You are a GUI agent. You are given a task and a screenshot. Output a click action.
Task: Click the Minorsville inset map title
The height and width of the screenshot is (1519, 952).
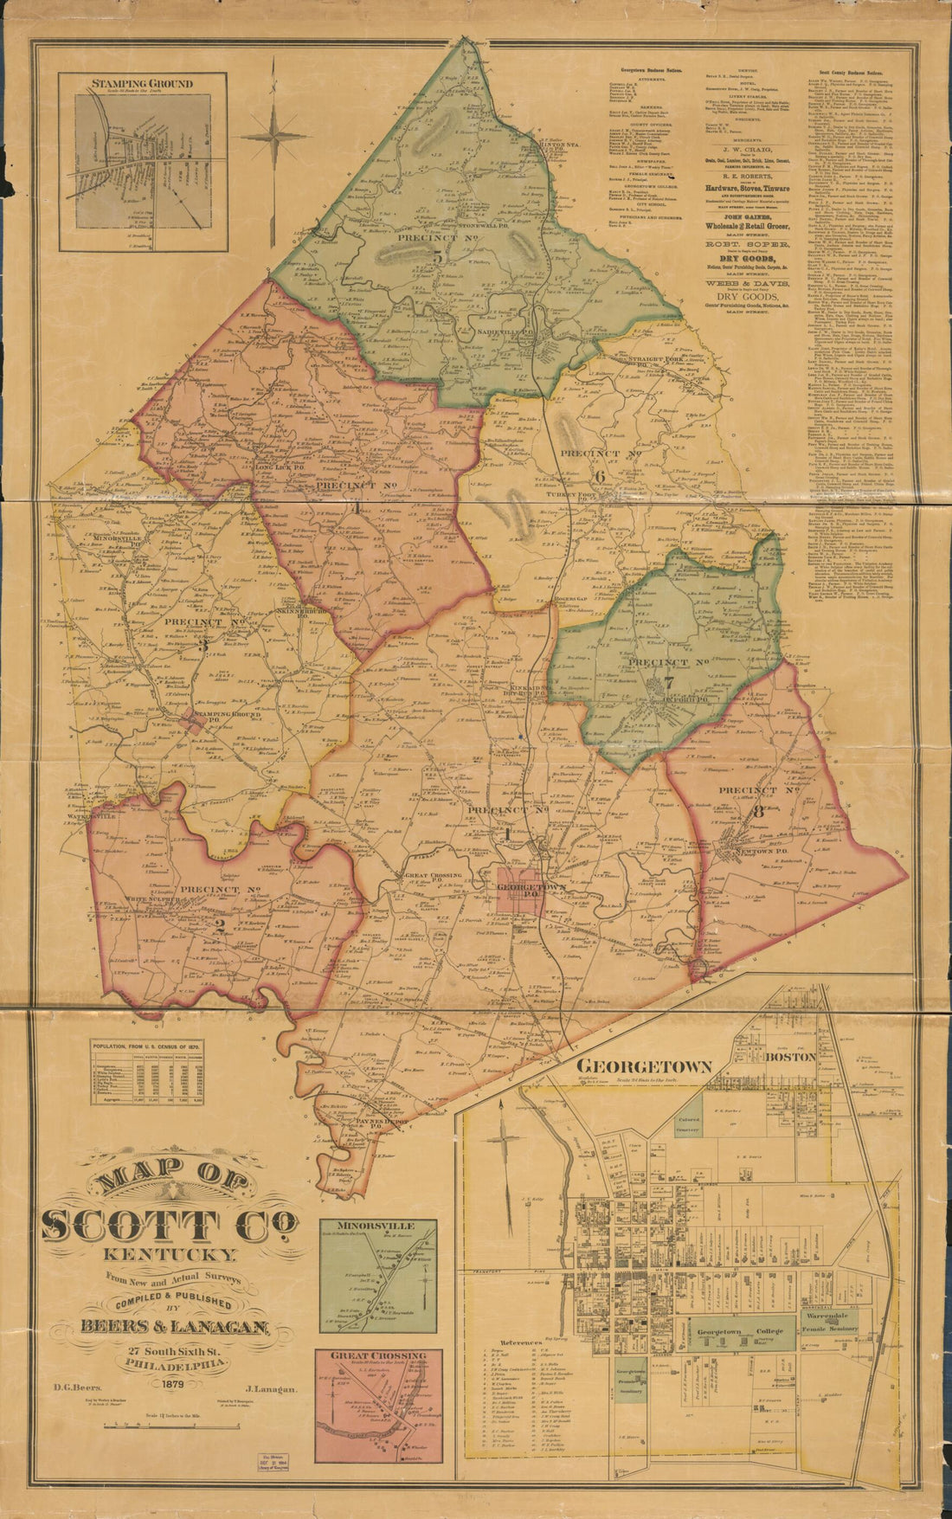376,1226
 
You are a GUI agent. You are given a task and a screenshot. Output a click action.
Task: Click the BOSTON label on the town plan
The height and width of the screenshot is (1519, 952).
790,1057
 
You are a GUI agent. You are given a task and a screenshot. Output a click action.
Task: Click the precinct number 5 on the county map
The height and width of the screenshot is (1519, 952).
438,256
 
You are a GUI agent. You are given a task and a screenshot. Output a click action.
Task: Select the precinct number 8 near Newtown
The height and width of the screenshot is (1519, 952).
759,812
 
